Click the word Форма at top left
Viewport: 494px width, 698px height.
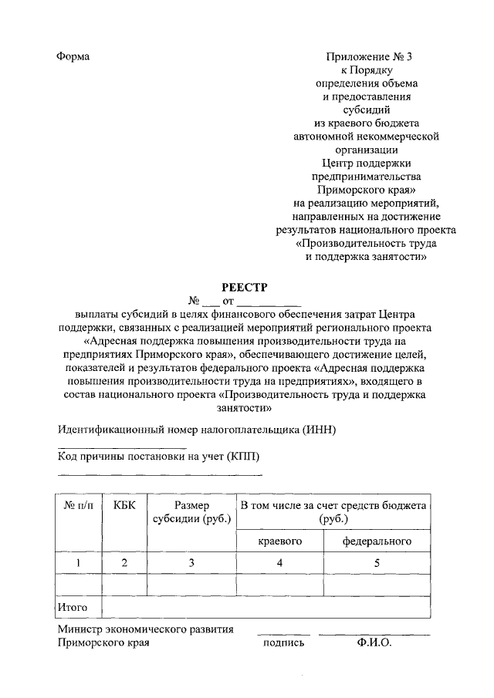73,57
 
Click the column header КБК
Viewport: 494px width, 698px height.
124,506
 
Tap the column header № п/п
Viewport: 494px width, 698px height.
80,506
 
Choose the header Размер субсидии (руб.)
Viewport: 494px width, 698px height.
191,512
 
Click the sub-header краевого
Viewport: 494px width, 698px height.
279,541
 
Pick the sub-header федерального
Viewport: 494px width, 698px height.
377,541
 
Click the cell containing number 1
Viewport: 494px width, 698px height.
80,563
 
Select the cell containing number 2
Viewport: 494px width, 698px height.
124,563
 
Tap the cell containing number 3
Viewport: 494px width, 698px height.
191,563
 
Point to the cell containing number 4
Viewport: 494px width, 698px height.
279,563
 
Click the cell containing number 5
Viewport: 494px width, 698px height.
377,563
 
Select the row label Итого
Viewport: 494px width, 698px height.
73,608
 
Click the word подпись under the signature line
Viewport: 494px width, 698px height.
283,642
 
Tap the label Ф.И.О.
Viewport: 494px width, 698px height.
374,642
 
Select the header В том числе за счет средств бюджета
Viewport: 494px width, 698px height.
333,506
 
